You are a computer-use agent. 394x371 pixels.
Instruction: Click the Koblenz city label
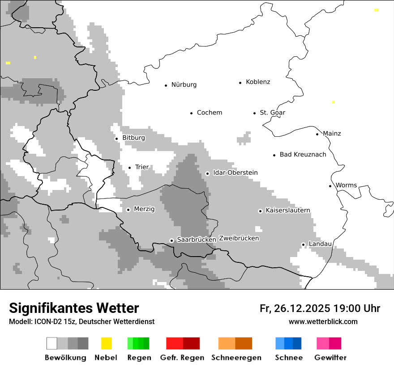258,82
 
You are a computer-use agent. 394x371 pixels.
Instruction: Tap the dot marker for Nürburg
166,85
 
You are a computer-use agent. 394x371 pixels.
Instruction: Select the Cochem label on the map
209,113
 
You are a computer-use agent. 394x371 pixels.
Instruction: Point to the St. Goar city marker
254,113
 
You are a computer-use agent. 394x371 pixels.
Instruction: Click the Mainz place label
332,134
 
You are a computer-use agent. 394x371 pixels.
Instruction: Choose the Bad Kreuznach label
303,155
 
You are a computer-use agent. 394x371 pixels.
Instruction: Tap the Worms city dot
330,186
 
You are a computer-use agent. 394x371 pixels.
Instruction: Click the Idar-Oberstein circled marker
207,173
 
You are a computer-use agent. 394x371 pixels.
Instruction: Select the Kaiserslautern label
287,211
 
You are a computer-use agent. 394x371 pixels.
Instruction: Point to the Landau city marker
303,245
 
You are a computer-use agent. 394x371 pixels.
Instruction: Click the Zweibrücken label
239,239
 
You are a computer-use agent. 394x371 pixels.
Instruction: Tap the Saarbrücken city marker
171,240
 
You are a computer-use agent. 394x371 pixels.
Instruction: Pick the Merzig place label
144,209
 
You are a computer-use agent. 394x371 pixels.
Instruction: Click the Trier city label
141,167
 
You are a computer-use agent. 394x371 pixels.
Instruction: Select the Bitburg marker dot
116,139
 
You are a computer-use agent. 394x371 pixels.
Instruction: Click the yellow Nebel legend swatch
106,343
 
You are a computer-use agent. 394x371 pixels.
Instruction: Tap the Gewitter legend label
330,358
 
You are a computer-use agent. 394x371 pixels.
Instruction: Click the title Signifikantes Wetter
74,308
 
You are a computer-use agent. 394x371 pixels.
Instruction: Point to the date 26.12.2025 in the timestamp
300,308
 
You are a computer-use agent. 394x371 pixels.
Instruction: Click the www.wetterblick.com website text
323,321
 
